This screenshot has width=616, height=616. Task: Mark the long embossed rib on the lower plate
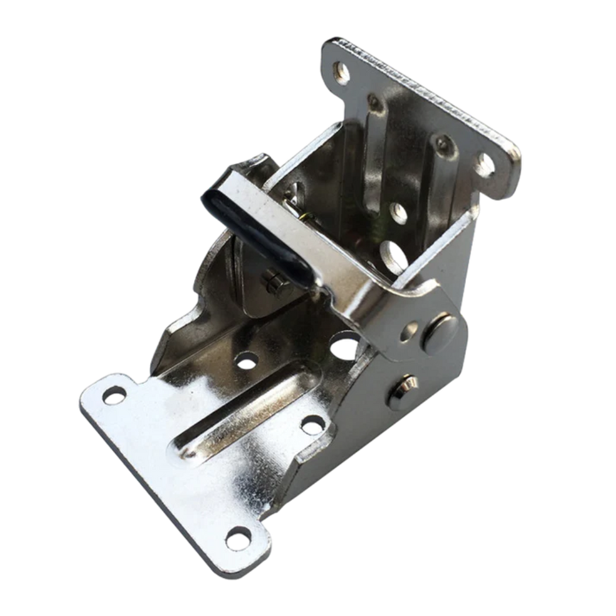coord(243,398)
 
